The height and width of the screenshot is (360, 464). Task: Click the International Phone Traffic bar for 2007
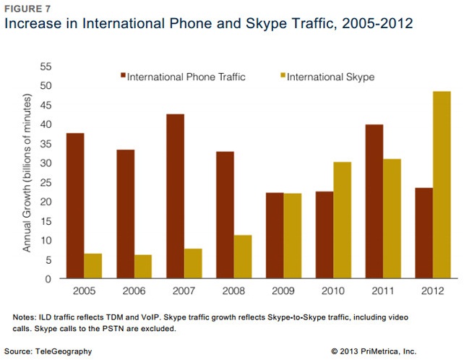pos(176,196)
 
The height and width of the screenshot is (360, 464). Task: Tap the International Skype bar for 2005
pos(93,266)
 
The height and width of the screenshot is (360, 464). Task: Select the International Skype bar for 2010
pos(342,220)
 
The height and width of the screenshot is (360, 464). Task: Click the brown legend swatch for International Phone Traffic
pos(123,75)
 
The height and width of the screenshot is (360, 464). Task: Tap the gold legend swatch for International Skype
pos(282,75)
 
